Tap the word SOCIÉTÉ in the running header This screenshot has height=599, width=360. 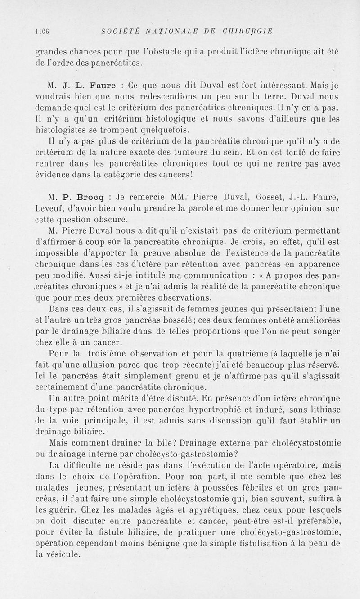[x=117, y=31]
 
